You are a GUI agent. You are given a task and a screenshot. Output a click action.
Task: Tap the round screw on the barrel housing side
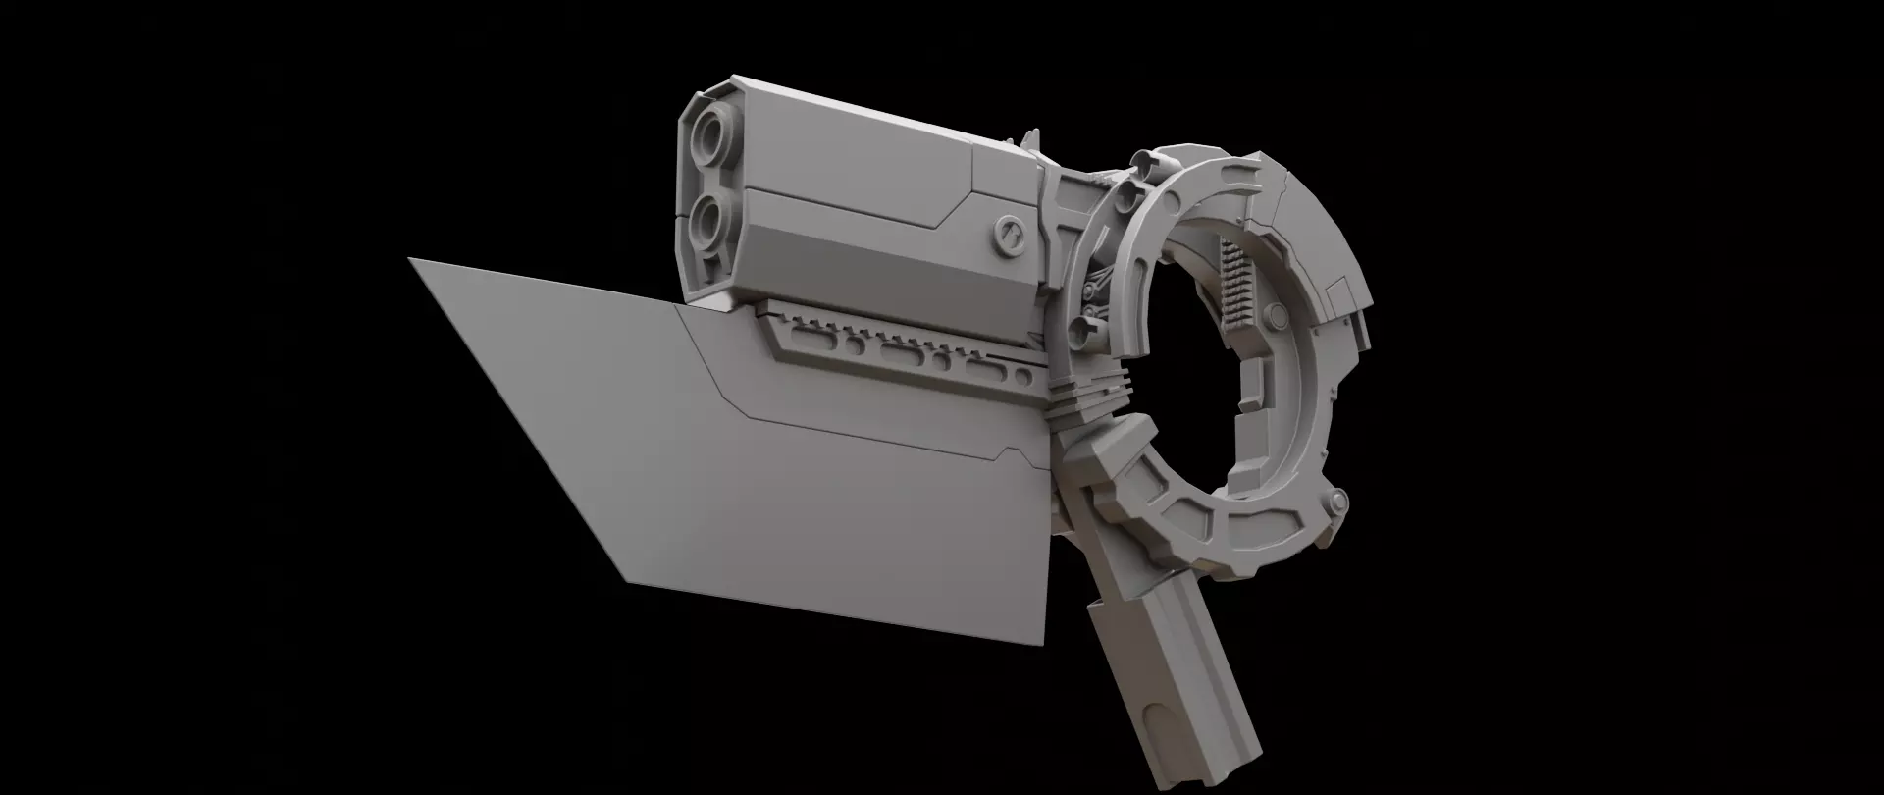tap(1008, 235)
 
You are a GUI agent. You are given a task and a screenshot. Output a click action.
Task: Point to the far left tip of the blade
tap(411, 260)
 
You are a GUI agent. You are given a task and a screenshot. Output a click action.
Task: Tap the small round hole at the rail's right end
tap(1023, 376)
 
